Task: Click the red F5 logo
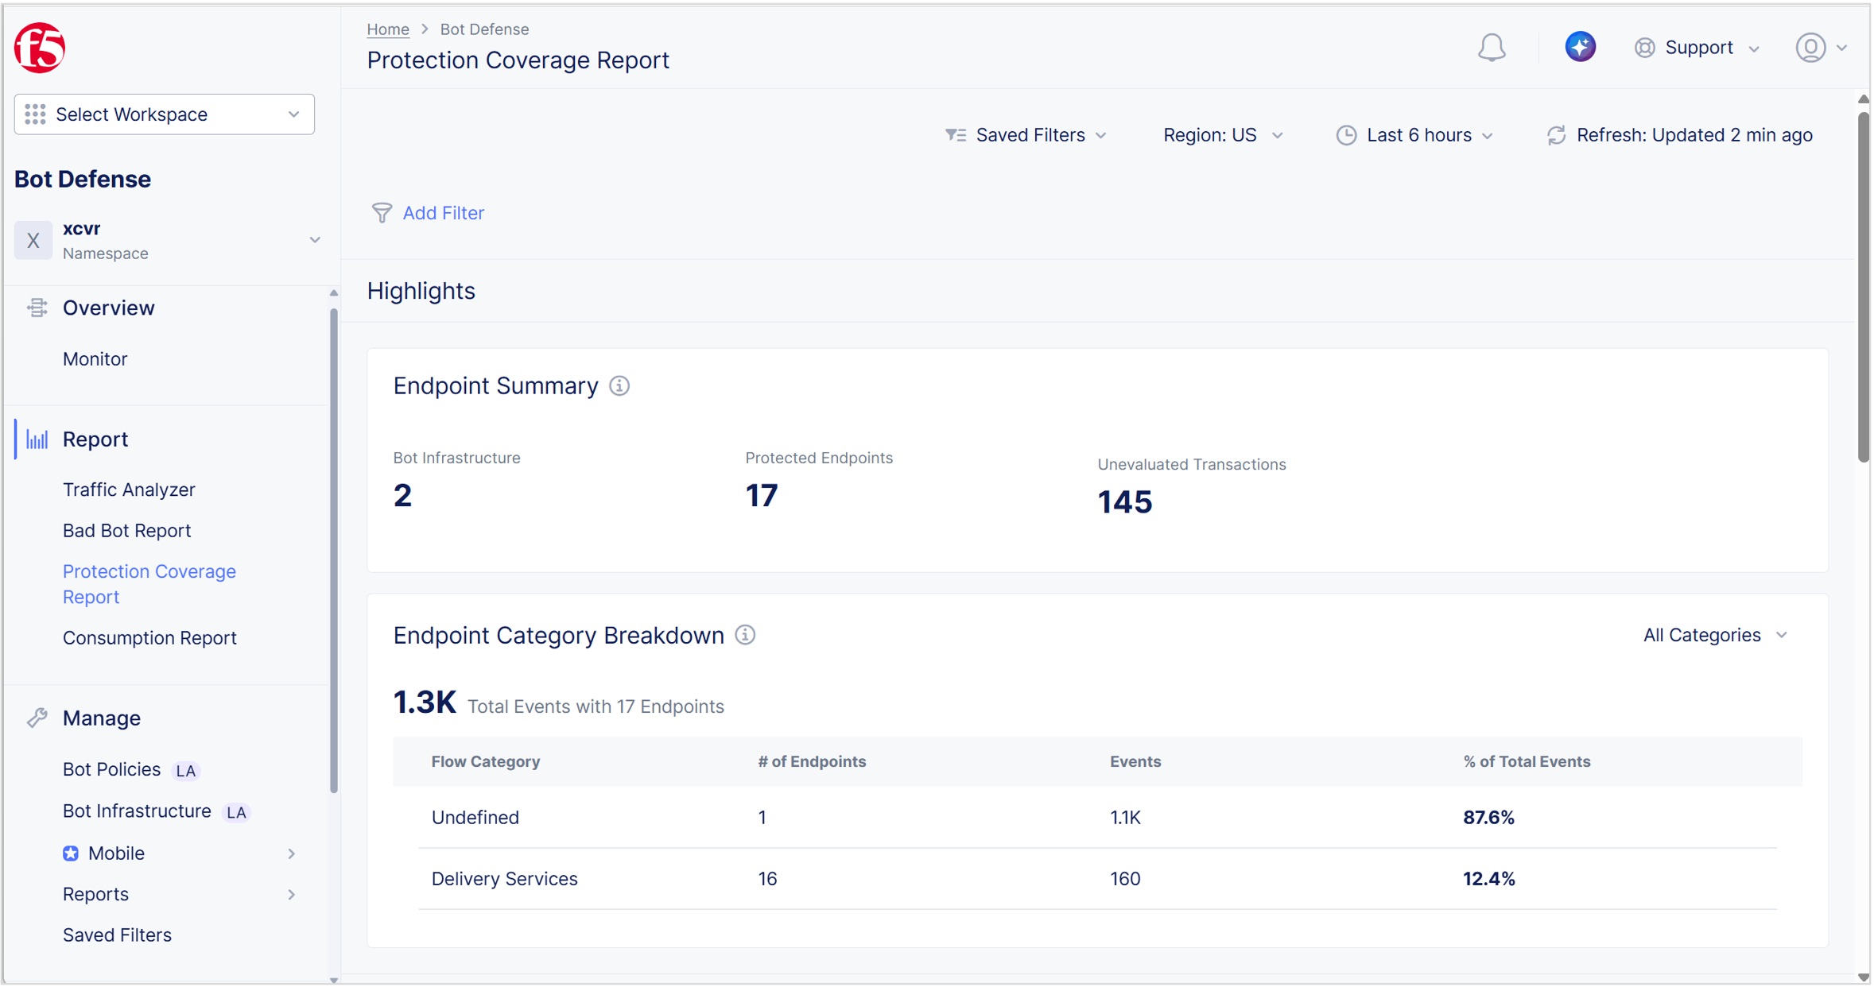tap(39, 48)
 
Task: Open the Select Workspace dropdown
tap(164, 114)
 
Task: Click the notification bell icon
tap(1492, 48)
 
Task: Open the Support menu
tap(1697, 48)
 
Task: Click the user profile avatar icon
tap(1810, 48)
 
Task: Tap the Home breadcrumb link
tap(388, 29)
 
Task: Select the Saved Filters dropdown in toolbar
tap(1026, 135)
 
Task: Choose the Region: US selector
tap(1222, 135)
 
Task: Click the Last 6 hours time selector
tap(1415, 135)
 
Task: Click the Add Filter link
tap(442, 213)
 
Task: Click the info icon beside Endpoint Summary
tap(619, 386)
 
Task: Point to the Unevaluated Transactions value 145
tap(1124, 502)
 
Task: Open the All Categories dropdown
tap(1715, 635)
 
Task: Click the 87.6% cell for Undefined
tap(1488, 818)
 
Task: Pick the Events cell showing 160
tap(1125, 879)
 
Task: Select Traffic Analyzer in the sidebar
tap(129, 490)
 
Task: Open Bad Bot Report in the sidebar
tap(126, 531)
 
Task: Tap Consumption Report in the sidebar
tap(149, 638)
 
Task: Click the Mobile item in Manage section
tap(116, 853)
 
